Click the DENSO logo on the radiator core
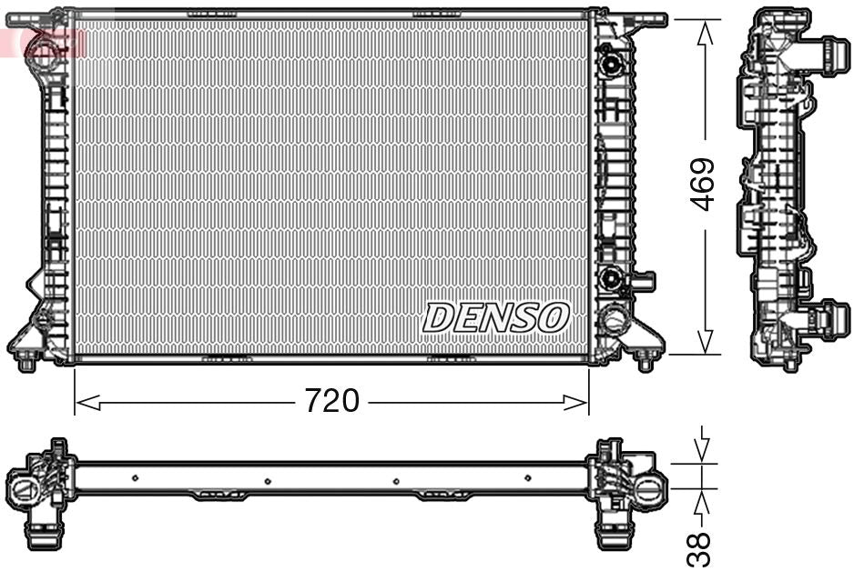pyautogui.click(x=496, y=317)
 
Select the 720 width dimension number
pyautogui.click(x=331, y=401)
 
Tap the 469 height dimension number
pyautogui.click(x=702, y=185)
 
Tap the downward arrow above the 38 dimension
pyautogui.click(x=702, y=448)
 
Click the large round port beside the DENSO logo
pyautogui.click(x=614, y=319)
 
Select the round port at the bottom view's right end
pyautogui.click(x=647, y=490)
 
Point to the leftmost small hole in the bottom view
pyautogui.click(x=135, y=477)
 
